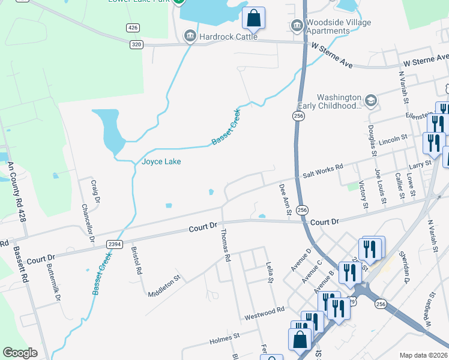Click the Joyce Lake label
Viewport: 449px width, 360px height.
[x=161, y=161]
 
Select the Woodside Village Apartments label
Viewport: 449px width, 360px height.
[x=339, y=26]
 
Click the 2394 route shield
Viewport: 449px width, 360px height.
[x=114, y=244]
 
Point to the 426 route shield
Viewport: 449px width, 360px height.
[x=133, y=28]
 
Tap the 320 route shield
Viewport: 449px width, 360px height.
[x=136, y=44]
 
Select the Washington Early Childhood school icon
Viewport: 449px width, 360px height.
[x=371, y=100]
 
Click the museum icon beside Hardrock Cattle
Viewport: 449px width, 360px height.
[x=190, y=37]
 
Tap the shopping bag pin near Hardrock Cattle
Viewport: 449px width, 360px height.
[x=253, y=19]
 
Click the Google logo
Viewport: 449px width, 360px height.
[x=20, y=352]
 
